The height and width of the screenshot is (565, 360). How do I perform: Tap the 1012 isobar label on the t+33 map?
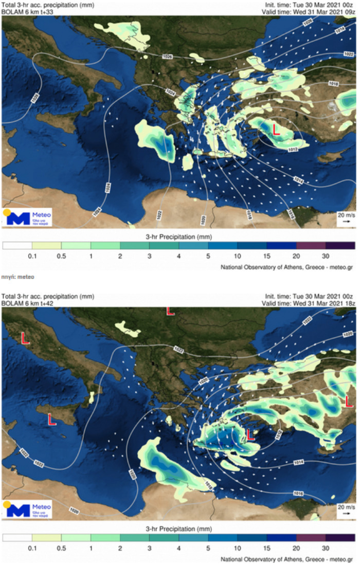click(x=293, y=150)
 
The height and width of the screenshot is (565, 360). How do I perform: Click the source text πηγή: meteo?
click(x=18, y=277)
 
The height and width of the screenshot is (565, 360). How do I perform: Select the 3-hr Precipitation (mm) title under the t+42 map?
click(x=179, y=528)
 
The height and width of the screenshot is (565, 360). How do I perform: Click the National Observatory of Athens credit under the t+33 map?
click(x=288, y=267)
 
